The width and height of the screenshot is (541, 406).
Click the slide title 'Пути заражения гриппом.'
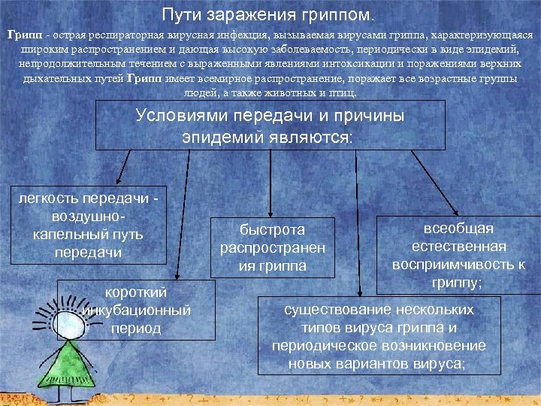(x=271, y=15)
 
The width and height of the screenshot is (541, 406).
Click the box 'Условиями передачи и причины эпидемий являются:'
(x=270, y=126)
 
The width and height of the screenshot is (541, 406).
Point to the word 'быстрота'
(x=273, y=230)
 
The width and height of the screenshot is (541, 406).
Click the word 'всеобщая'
(x=458, y=229)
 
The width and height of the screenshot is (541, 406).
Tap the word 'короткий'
(x=137, y=292)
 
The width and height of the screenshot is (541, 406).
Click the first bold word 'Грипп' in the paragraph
(x=23, y=35)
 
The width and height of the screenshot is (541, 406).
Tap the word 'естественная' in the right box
(x=458, y=247)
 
